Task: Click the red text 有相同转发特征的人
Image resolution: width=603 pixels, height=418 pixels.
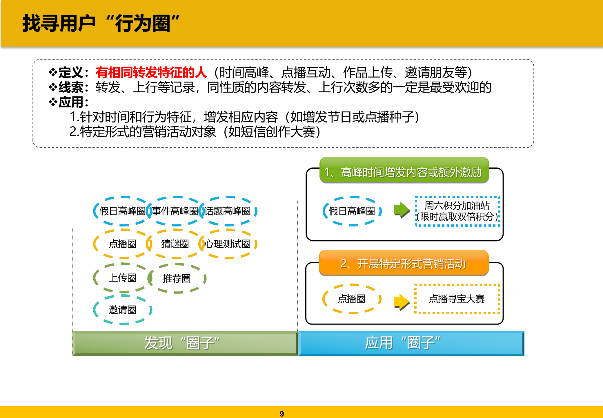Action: click(151, 73)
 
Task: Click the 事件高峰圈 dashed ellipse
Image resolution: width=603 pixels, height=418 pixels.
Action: click(175, 211)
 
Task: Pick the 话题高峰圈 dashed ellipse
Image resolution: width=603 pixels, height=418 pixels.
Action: click(228, 211)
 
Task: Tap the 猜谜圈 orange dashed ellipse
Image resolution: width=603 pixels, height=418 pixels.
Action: click(175, 244)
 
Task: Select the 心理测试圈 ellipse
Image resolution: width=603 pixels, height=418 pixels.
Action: click(228, 244)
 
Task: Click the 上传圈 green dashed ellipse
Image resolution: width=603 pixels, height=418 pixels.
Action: click(123, 278)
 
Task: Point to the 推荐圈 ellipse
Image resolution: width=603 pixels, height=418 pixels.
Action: click(177, 278)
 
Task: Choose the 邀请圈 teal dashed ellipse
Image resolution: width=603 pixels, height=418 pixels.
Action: click(123, 310)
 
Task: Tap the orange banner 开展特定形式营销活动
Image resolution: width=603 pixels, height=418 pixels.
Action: click(404, 263)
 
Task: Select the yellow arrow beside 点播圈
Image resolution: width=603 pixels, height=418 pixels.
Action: click(402, 302)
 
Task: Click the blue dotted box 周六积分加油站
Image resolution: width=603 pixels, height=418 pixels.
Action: click(457, 211)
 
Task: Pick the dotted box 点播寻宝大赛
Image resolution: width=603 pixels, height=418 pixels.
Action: click(457, 299)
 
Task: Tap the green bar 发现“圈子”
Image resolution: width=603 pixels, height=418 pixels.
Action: click(185, 343)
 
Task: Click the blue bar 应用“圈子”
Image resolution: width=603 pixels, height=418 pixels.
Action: click(411, 343)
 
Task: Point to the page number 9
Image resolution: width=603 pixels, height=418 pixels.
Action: click(282, 414)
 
